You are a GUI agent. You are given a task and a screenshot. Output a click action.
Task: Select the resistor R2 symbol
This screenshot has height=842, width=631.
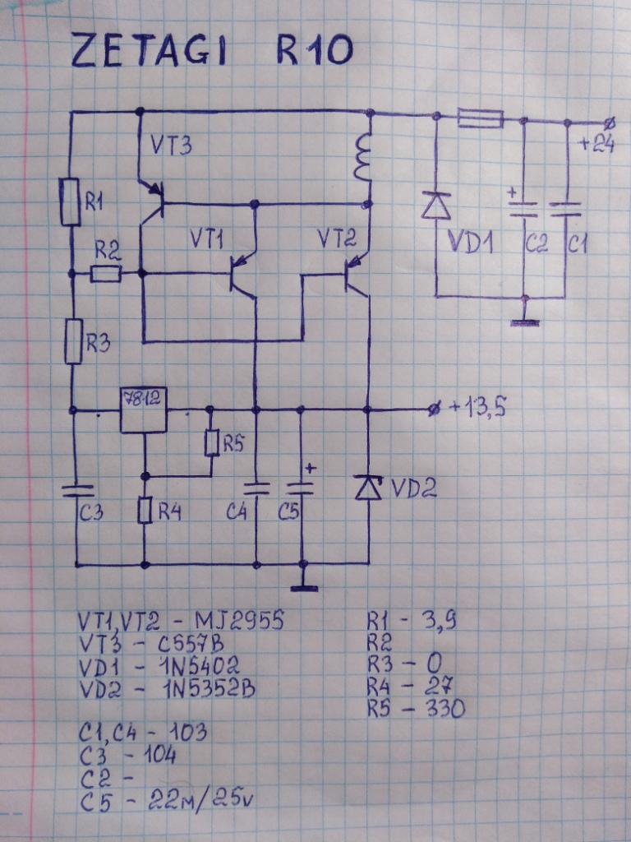click(x=106, y=274)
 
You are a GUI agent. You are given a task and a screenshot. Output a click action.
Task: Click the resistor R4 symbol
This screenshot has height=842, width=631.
click(x=145, y=511)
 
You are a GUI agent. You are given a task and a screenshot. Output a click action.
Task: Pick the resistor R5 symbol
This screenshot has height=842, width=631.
click(x=210, y=443)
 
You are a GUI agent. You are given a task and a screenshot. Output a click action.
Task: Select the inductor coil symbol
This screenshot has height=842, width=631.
click(x=362, y=159)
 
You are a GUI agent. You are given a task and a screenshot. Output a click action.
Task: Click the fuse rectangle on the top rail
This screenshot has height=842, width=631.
click(x=480, y=120)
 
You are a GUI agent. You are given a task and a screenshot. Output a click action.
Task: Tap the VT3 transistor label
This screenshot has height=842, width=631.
click(x=171, y=147)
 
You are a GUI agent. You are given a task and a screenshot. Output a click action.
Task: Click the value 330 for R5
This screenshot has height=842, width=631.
click(x=443, y=707)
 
